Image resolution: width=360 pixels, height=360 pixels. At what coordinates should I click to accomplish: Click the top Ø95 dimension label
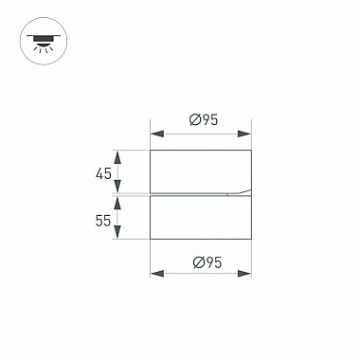(x=204, y=120)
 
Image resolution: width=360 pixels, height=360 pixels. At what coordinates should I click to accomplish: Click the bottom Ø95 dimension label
(x=207, y=262)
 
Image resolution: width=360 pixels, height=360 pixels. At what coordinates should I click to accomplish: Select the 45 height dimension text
(x=103, y=173)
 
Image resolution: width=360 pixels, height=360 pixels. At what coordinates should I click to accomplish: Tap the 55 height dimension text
(x=103, y=221)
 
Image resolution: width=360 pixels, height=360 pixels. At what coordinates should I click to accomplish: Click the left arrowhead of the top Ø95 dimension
(x=157, y=134)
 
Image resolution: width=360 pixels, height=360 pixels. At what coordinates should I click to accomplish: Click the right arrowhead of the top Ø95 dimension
(x=244, y=134)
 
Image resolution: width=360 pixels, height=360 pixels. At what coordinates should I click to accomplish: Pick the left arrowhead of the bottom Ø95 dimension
(x=157, y=274)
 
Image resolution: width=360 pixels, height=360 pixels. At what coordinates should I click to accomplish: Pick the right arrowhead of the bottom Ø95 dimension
(x=244, y=274)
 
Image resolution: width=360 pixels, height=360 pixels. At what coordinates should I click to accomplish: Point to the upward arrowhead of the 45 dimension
(x=117, y=157)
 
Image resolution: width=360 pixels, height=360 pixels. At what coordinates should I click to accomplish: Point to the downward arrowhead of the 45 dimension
(x=117, y=186)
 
